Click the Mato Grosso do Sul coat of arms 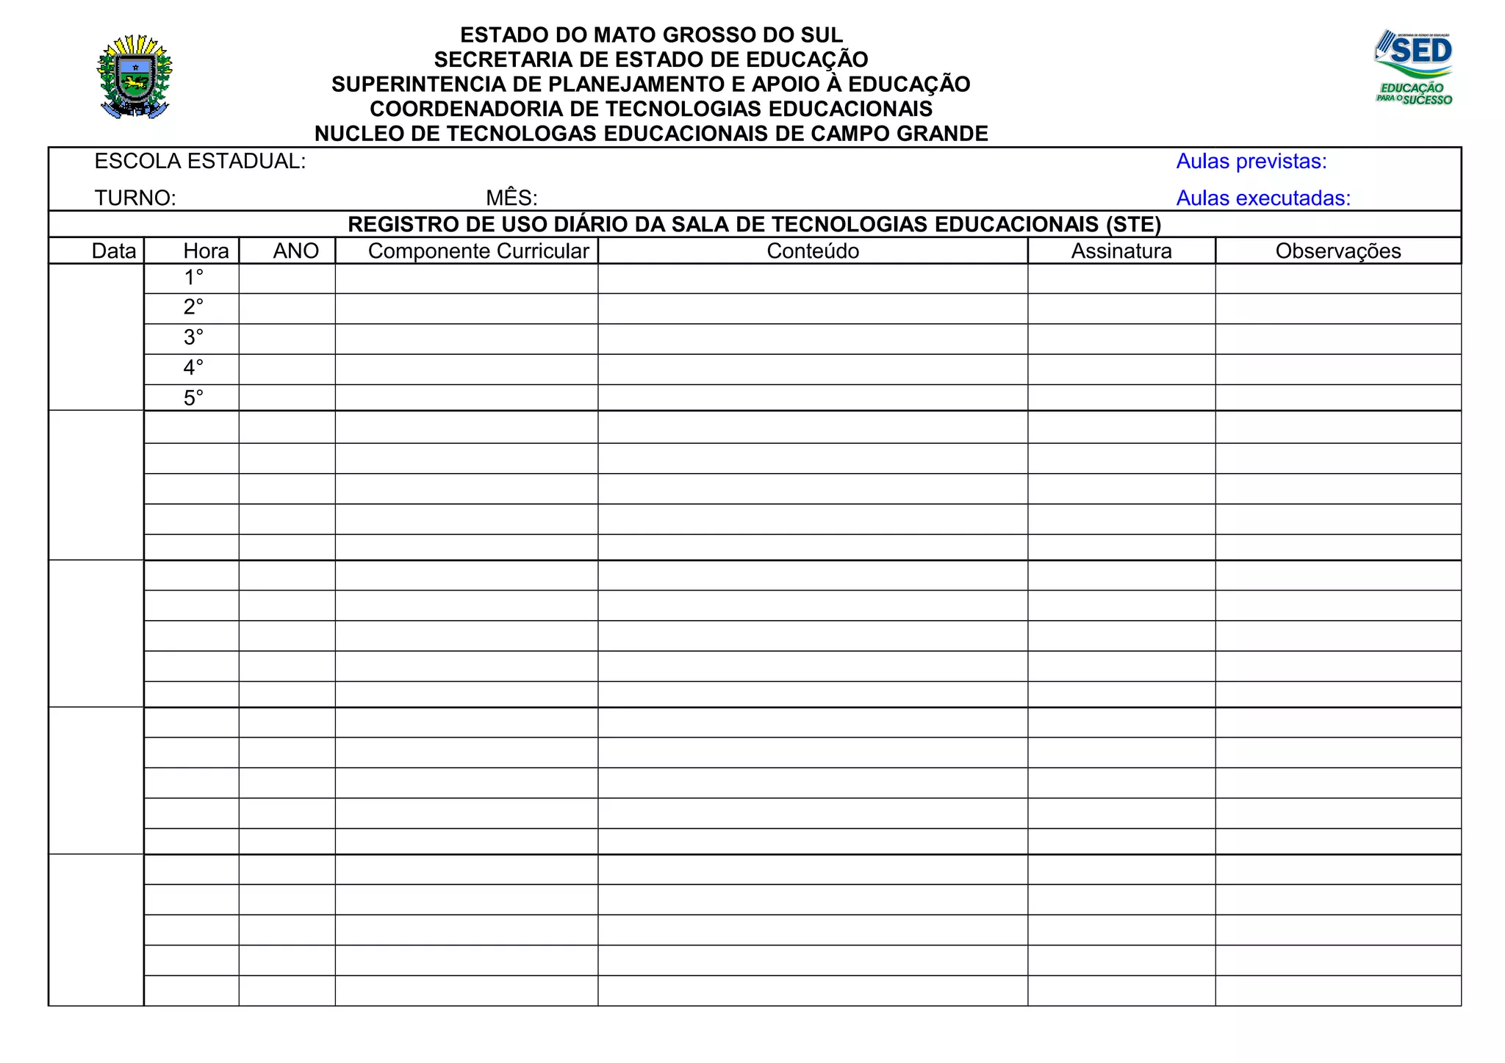tap(134, 76)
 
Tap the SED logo tap(1414, 68)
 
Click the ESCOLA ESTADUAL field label tap(200, 162)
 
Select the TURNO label tap(135, 198)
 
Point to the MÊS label tap(511, 198)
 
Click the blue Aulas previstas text tap(1251, 162)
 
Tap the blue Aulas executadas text tap(1263, 198)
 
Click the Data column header tap(114, 251)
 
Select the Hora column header tap(206, 251)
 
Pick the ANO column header tap(295, 251)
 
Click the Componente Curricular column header tap(478, 251)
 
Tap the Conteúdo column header tap(813, 251)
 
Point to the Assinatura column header tap(1121, 251)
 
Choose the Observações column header tap(1338, 251)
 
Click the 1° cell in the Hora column tap(193, 278)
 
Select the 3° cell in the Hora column tap(193, 337)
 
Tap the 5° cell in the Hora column tap(193, 398)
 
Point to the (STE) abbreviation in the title tap(1133, 225)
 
